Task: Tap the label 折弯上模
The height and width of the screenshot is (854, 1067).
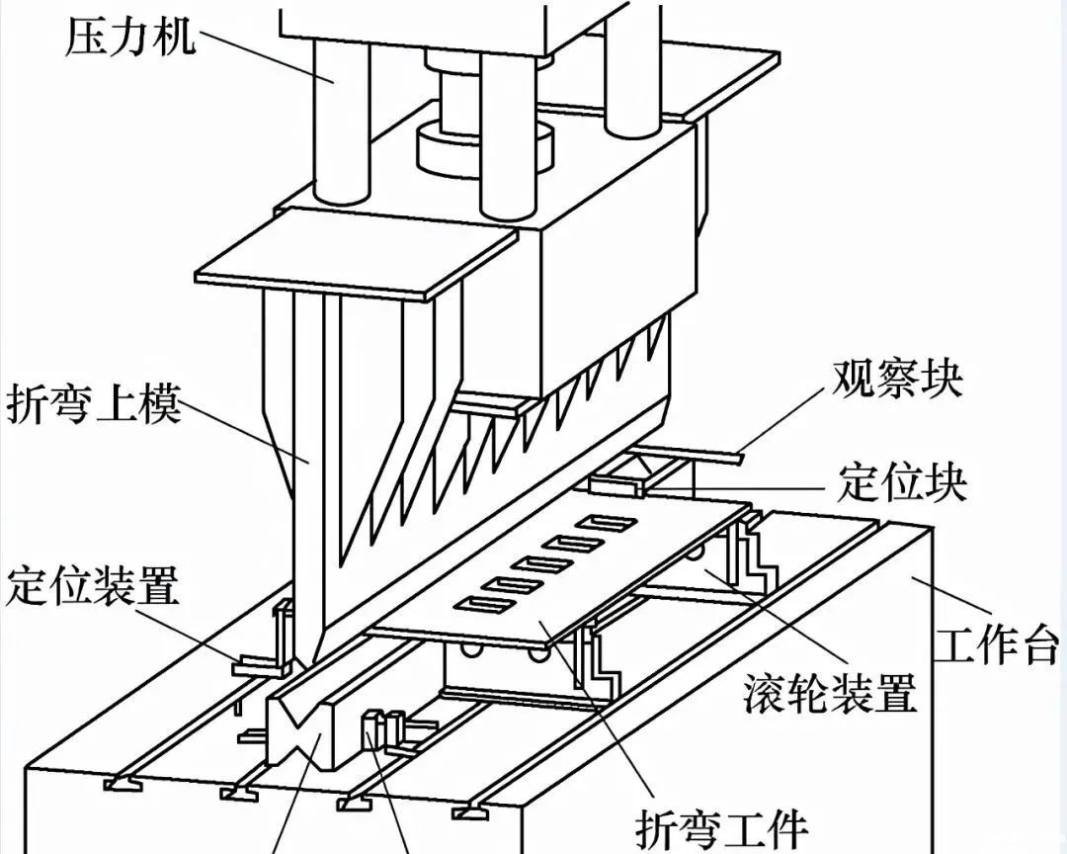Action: [95, 404]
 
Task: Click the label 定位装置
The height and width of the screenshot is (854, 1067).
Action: [93, 586]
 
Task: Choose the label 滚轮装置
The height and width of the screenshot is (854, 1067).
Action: [830, 694]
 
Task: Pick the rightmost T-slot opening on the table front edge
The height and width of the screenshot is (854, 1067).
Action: [472, 813]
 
